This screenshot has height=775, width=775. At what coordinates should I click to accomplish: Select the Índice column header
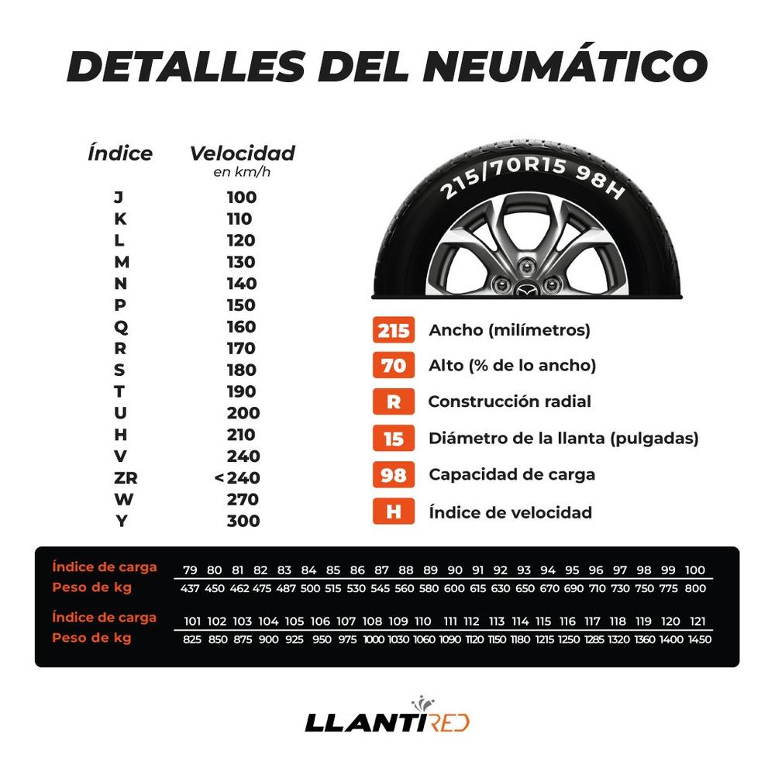click(120, 153)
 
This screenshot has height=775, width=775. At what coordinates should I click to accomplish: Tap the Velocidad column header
click(242, 153)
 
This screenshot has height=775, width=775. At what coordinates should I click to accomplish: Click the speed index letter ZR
click(120, 477)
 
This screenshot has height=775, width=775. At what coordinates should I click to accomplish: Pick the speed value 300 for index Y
click(243, 521)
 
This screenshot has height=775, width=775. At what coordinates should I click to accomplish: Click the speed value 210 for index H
click(243, 434)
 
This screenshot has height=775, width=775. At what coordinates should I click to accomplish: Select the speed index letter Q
click(120, 327)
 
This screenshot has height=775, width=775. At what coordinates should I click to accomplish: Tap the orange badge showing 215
click(394, 330)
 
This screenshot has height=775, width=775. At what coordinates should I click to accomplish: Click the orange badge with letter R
click(394, 401)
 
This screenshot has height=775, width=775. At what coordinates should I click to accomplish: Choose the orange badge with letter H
click(394, 511)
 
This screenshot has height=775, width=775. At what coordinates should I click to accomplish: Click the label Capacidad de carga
click(511, 474)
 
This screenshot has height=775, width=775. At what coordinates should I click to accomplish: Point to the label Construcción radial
click(509, 401)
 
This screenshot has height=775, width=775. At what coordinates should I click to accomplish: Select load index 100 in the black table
click(695, 570)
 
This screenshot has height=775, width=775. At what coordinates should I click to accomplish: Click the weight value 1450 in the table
click(698, 640)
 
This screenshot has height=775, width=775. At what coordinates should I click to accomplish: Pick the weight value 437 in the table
click(190, 588)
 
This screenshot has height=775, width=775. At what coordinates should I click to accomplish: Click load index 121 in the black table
click(698, 621)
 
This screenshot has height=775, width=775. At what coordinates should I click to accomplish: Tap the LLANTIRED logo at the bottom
click(387, 722)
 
